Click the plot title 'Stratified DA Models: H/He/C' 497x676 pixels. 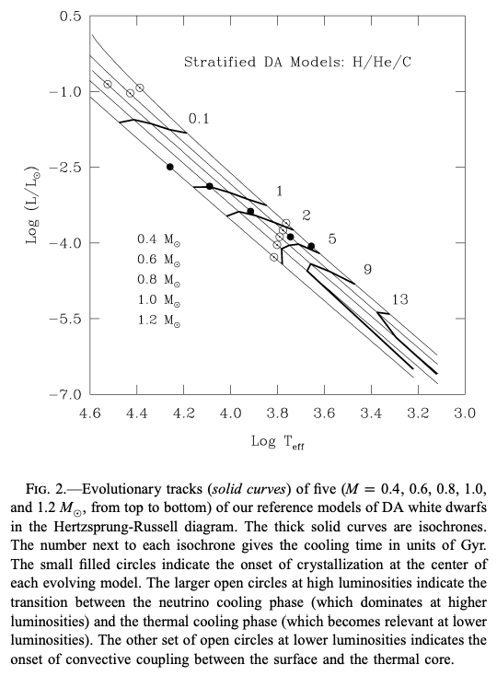click(x=297, y=62)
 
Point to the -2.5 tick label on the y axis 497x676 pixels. click(x=64, y=168)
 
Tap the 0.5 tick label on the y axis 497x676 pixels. click(x=70, y=17)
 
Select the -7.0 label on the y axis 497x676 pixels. click(x=64, y=394)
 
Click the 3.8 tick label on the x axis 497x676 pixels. click(x=277, y=414)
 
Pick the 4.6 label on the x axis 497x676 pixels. click(x=90, y=414)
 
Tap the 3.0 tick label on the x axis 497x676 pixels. click(x=465, y=414)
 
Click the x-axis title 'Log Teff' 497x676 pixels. click(x=278, y=442)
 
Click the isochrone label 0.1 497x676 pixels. click(x=199, y=119)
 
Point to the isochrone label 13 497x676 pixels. click(x=400, y=299)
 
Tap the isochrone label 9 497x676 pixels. click(x=367, y=270)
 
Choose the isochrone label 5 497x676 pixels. click(x=332, y=239)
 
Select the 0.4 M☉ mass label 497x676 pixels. click(x=158, y=239)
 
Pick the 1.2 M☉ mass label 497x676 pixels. click(x=158, y=321)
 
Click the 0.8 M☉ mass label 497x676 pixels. click(x=158, y=280)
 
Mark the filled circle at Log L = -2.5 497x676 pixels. click(x=170, y=167)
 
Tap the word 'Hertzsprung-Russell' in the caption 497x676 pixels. click(x=144, y=527)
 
